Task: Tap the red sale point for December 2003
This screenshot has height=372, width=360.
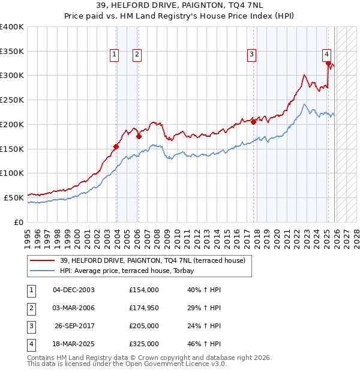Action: click(116, 146)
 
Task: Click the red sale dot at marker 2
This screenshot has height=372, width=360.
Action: click(139, 136)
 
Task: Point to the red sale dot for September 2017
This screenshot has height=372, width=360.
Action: click(253, 122)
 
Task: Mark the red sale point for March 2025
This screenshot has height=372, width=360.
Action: click(328, 63)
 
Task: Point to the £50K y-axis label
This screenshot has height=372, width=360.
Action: click(14, 197)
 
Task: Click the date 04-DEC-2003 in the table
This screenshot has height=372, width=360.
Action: click(73, 289)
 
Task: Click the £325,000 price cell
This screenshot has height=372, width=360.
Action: click(144, 344)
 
